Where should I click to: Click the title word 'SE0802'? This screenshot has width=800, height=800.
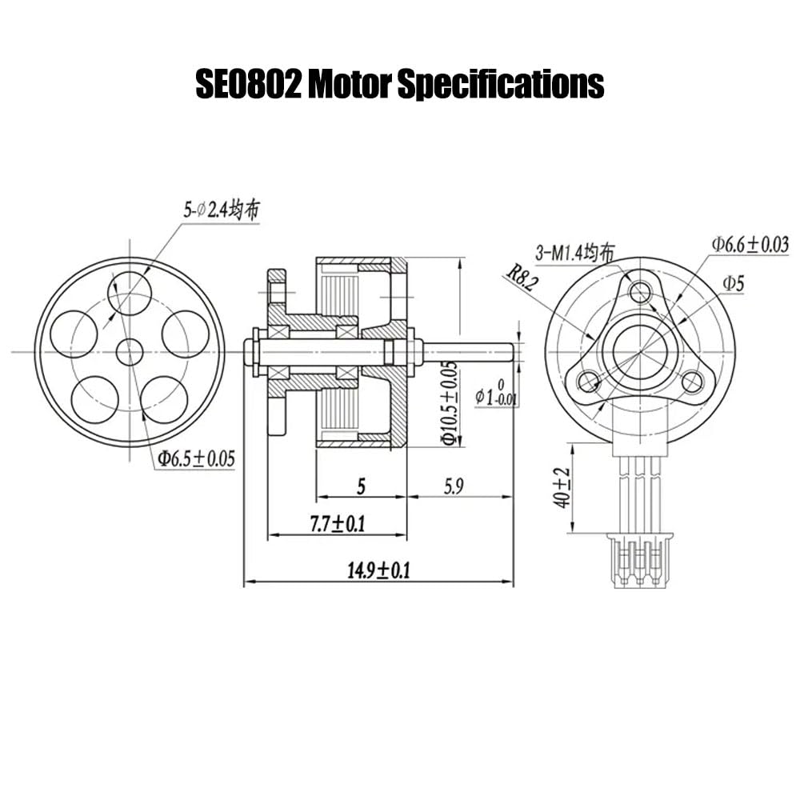(x=248, y=83)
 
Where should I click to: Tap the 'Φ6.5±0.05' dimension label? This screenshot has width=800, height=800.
(x=196, y=458)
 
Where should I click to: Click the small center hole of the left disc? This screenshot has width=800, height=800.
(x=130, y=351)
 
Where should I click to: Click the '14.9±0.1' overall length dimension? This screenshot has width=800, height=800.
(x=378, y=570)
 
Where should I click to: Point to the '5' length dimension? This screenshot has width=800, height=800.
(x=361, y=486)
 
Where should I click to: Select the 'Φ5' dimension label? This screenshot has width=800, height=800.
(x=734, y=282)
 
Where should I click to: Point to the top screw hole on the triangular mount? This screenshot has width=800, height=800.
(x=640, y=292)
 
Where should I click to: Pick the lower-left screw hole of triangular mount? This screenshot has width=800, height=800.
(x=589, y=382)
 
